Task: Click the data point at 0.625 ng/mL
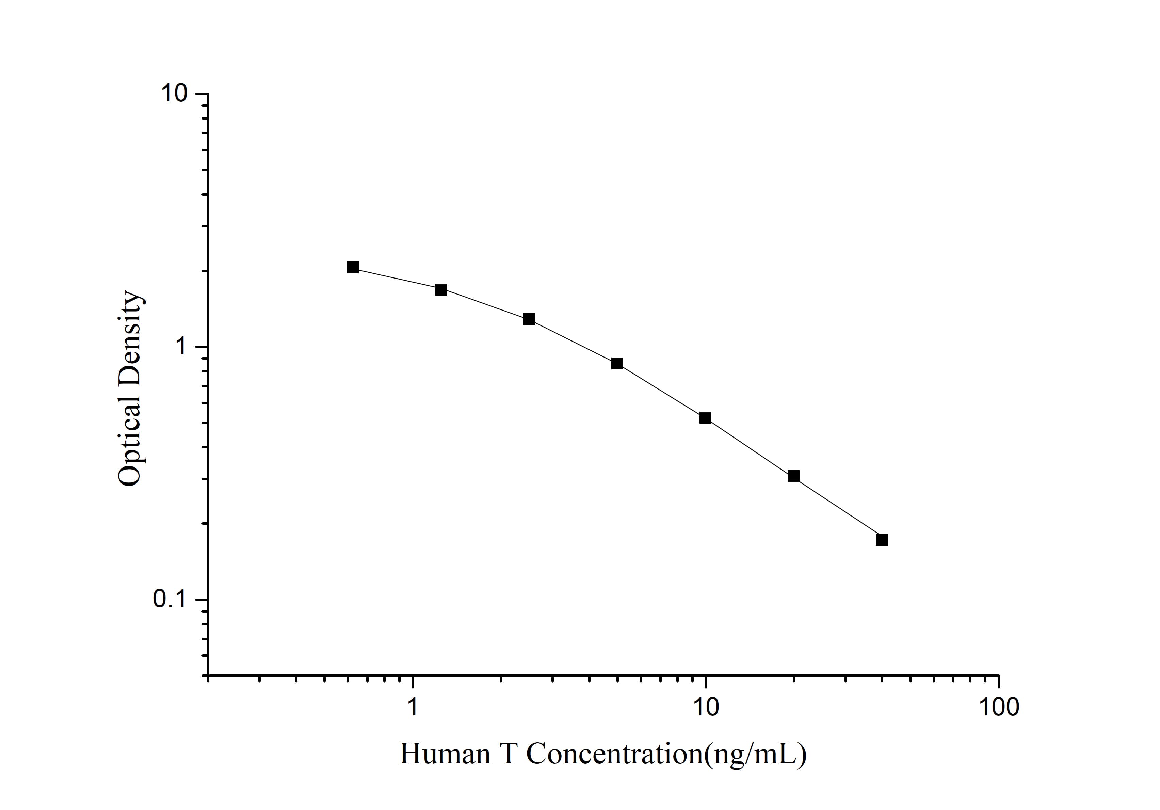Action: (x=353, y=267)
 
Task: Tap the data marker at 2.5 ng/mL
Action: (x=529, y=319)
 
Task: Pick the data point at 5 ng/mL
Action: (x=617, y=363)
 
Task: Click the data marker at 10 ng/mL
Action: (x=705, y=417)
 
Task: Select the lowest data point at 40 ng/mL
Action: (x=882, y=540)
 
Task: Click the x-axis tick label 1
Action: (x=413, y=708)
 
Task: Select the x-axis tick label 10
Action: (x=705, y=708)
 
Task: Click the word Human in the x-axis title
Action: (x=445, y=754)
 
